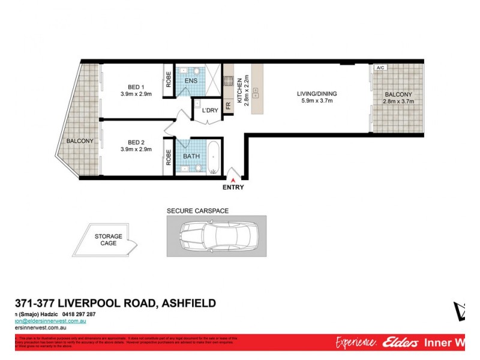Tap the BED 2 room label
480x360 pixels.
point(136,142)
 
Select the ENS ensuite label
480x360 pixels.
point(191,81)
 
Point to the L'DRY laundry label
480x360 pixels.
point(209,110)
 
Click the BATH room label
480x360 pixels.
point(192,156)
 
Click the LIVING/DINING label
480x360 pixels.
point(317,94)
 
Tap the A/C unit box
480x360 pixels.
point(380,68)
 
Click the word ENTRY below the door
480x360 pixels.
point(233,187)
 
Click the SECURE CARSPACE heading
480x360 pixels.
point(197,211)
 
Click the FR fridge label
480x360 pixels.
point(228,106)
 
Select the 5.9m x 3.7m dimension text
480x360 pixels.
point(317,101)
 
